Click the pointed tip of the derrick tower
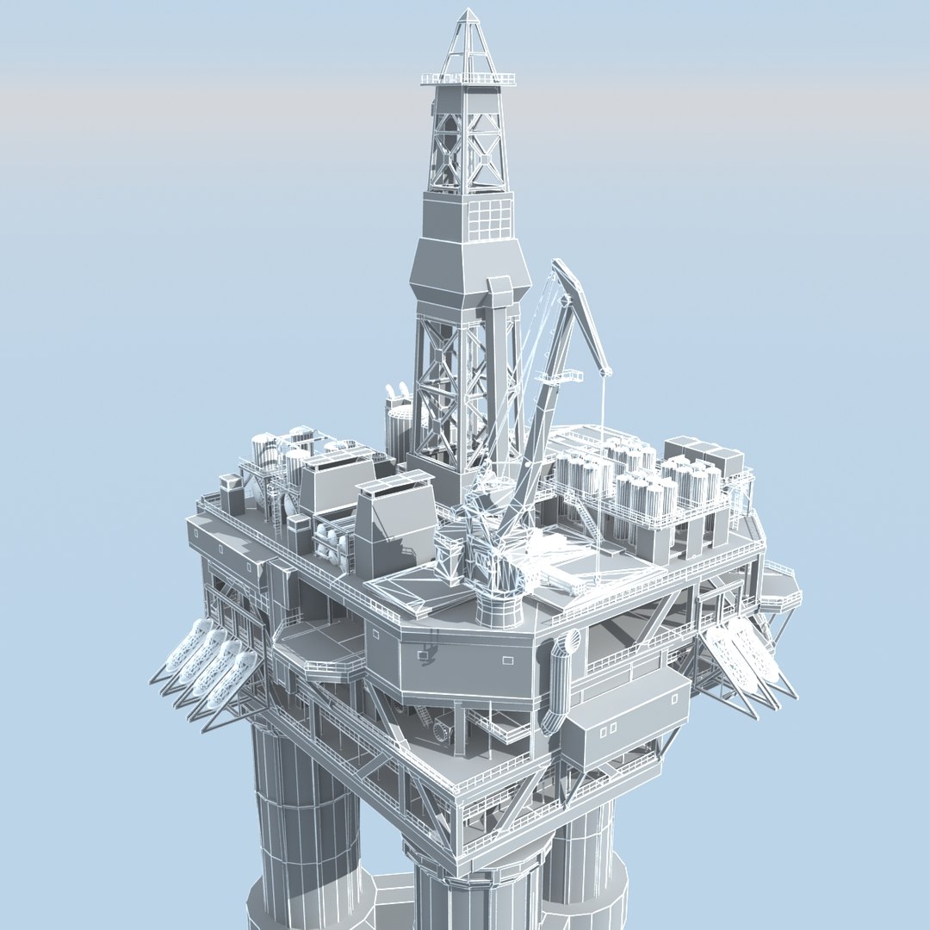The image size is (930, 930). tap(468, 11)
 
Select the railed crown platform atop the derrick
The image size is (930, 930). tap(468, 79)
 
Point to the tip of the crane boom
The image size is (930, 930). tap(607, 371)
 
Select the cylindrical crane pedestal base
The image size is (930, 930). tap(499, 607)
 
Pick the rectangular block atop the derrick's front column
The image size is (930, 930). tap(497, 288)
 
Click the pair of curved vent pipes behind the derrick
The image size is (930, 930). tap(397, 395)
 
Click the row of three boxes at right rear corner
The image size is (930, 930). tap(704, 454)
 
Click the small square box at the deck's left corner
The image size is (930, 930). tap(231, 494)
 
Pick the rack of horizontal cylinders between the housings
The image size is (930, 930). tap(335, 547)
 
